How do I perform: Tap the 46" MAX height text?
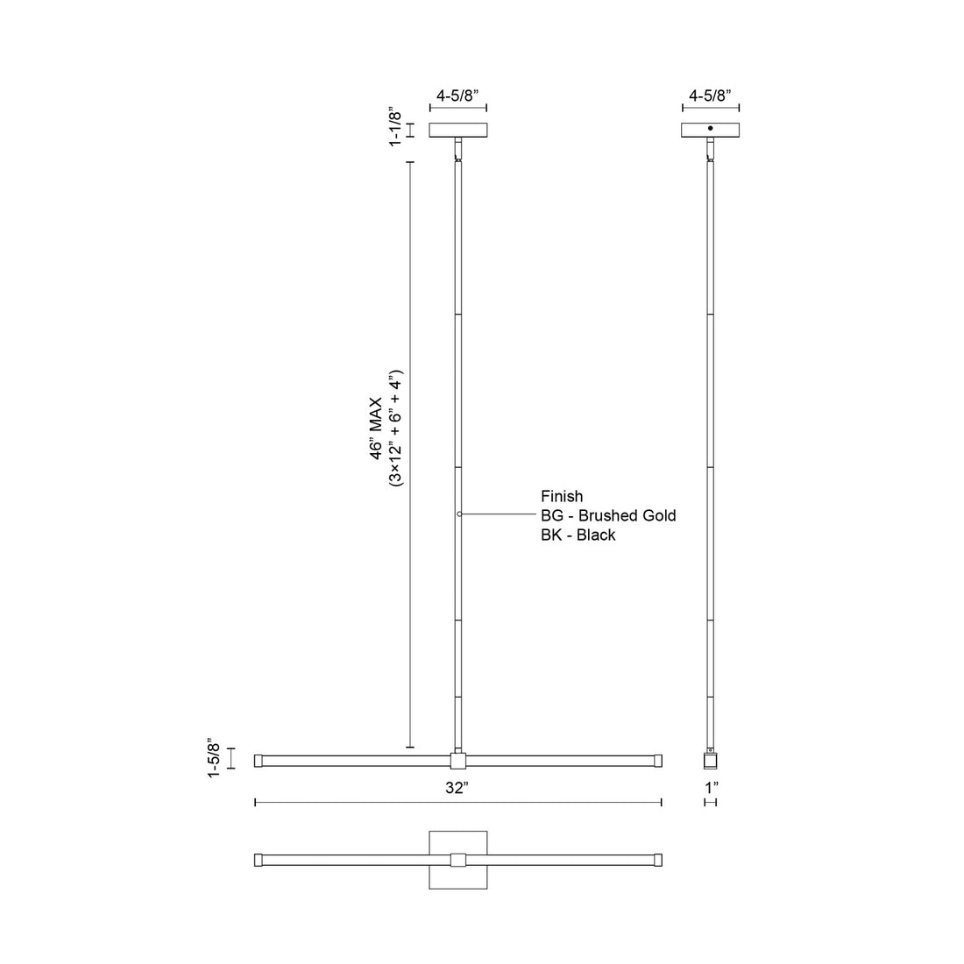[378, 426]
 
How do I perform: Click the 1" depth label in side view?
[711, 788]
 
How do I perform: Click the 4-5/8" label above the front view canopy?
[458, 96]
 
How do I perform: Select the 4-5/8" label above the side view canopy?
[711, 96]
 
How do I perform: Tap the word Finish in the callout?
[562, 497]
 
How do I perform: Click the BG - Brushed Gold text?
[608, 515]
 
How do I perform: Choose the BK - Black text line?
[578, 535]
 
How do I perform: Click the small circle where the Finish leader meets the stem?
[459, 514]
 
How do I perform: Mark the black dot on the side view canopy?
[711, 129]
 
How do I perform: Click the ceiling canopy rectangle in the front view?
[458, 130]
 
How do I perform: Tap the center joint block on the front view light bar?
[458, 760]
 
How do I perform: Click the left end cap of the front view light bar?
[259, 760]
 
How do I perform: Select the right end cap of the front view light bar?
[657, 760]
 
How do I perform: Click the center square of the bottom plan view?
[458, 860]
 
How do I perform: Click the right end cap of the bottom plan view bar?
[657, 860]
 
